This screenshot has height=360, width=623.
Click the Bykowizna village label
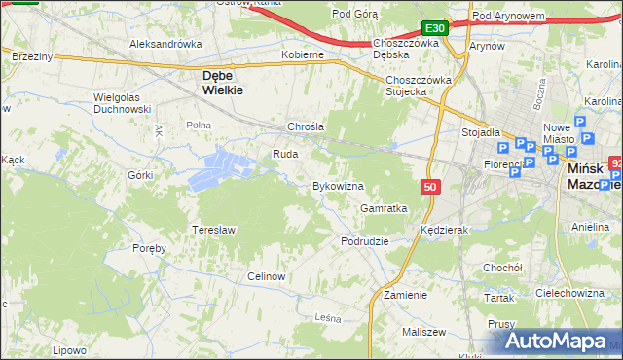(x=337, y=185)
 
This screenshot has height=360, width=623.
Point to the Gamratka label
(x=384, y=208)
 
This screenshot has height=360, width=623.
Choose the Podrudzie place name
(x=365, y=240)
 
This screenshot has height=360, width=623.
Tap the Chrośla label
(x=305, y=127)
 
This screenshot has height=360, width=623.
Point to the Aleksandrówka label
(x=165, y=44)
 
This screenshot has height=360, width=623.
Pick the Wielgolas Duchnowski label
(x=121, y=103)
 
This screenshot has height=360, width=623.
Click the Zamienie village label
(x=406, y=294)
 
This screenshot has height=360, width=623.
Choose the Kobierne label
(x=302, y=55)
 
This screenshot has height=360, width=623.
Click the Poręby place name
(x=150, y=248)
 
